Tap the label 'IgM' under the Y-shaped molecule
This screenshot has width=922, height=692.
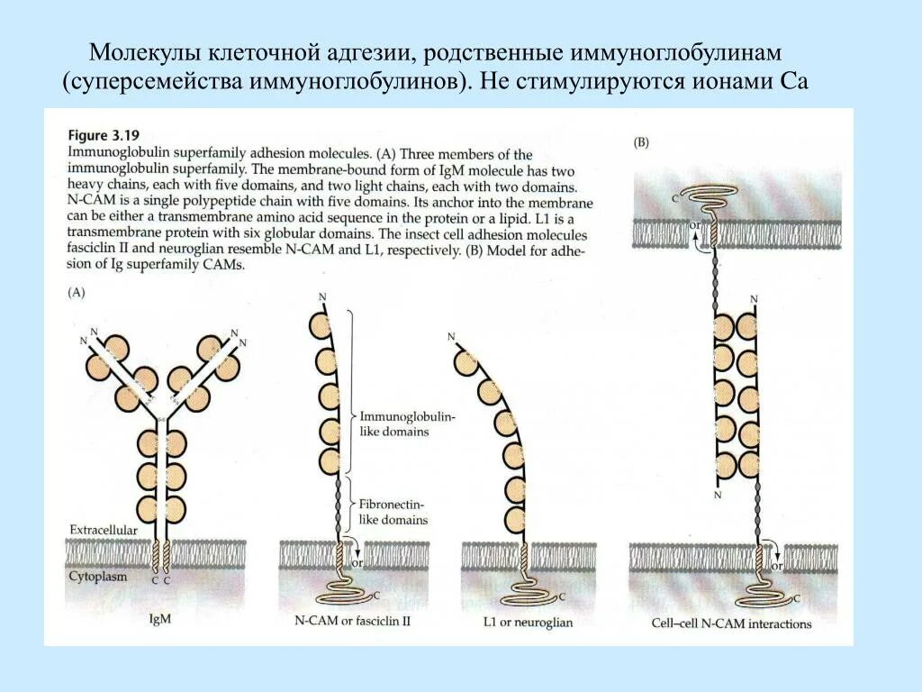pyautogui.click(x=160, y=619)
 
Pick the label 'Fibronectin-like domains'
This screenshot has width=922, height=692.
pyautogui.click(x=393, y=512)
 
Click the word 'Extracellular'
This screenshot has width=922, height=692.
pyautogui.click(x=104, y=531)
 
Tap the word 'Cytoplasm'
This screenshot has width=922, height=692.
pyautogui.click(x=96, y=576)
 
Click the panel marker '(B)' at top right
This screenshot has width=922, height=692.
pyautogui.click(x=642, y=143)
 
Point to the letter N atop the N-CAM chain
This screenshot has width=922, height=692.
pyautogui.click(x=321, y=296)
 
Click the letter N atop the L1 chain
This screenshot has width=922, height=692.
pyautogui.click(x=451, y=337)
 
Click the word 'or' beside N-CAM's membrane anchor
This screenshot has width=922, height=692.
pyautogui.click(x=357, y=563)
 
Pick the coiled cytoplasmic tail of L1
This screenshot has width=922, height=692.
pyautogui.click(x=531, y=596)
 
